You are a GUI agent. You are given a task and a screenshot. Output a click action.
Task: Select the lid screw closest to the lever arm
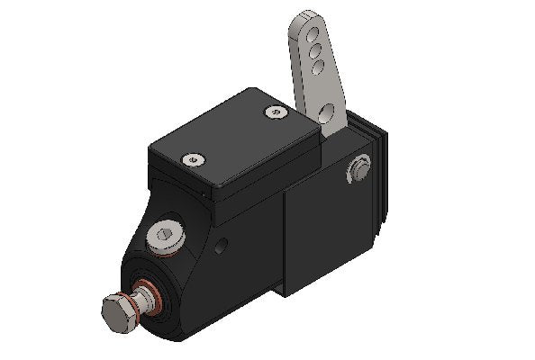276,112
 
